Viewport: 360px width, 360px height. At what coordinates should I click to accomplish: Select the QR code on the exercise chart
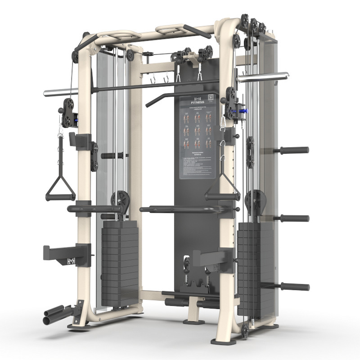tap(211, 97)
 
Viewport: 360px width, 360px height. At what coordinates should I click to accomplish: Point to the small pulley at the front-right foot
tap(245, 331)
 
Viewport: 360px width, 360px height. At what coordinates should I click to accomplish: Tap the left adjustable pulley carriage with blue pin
tap(69, 113)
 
